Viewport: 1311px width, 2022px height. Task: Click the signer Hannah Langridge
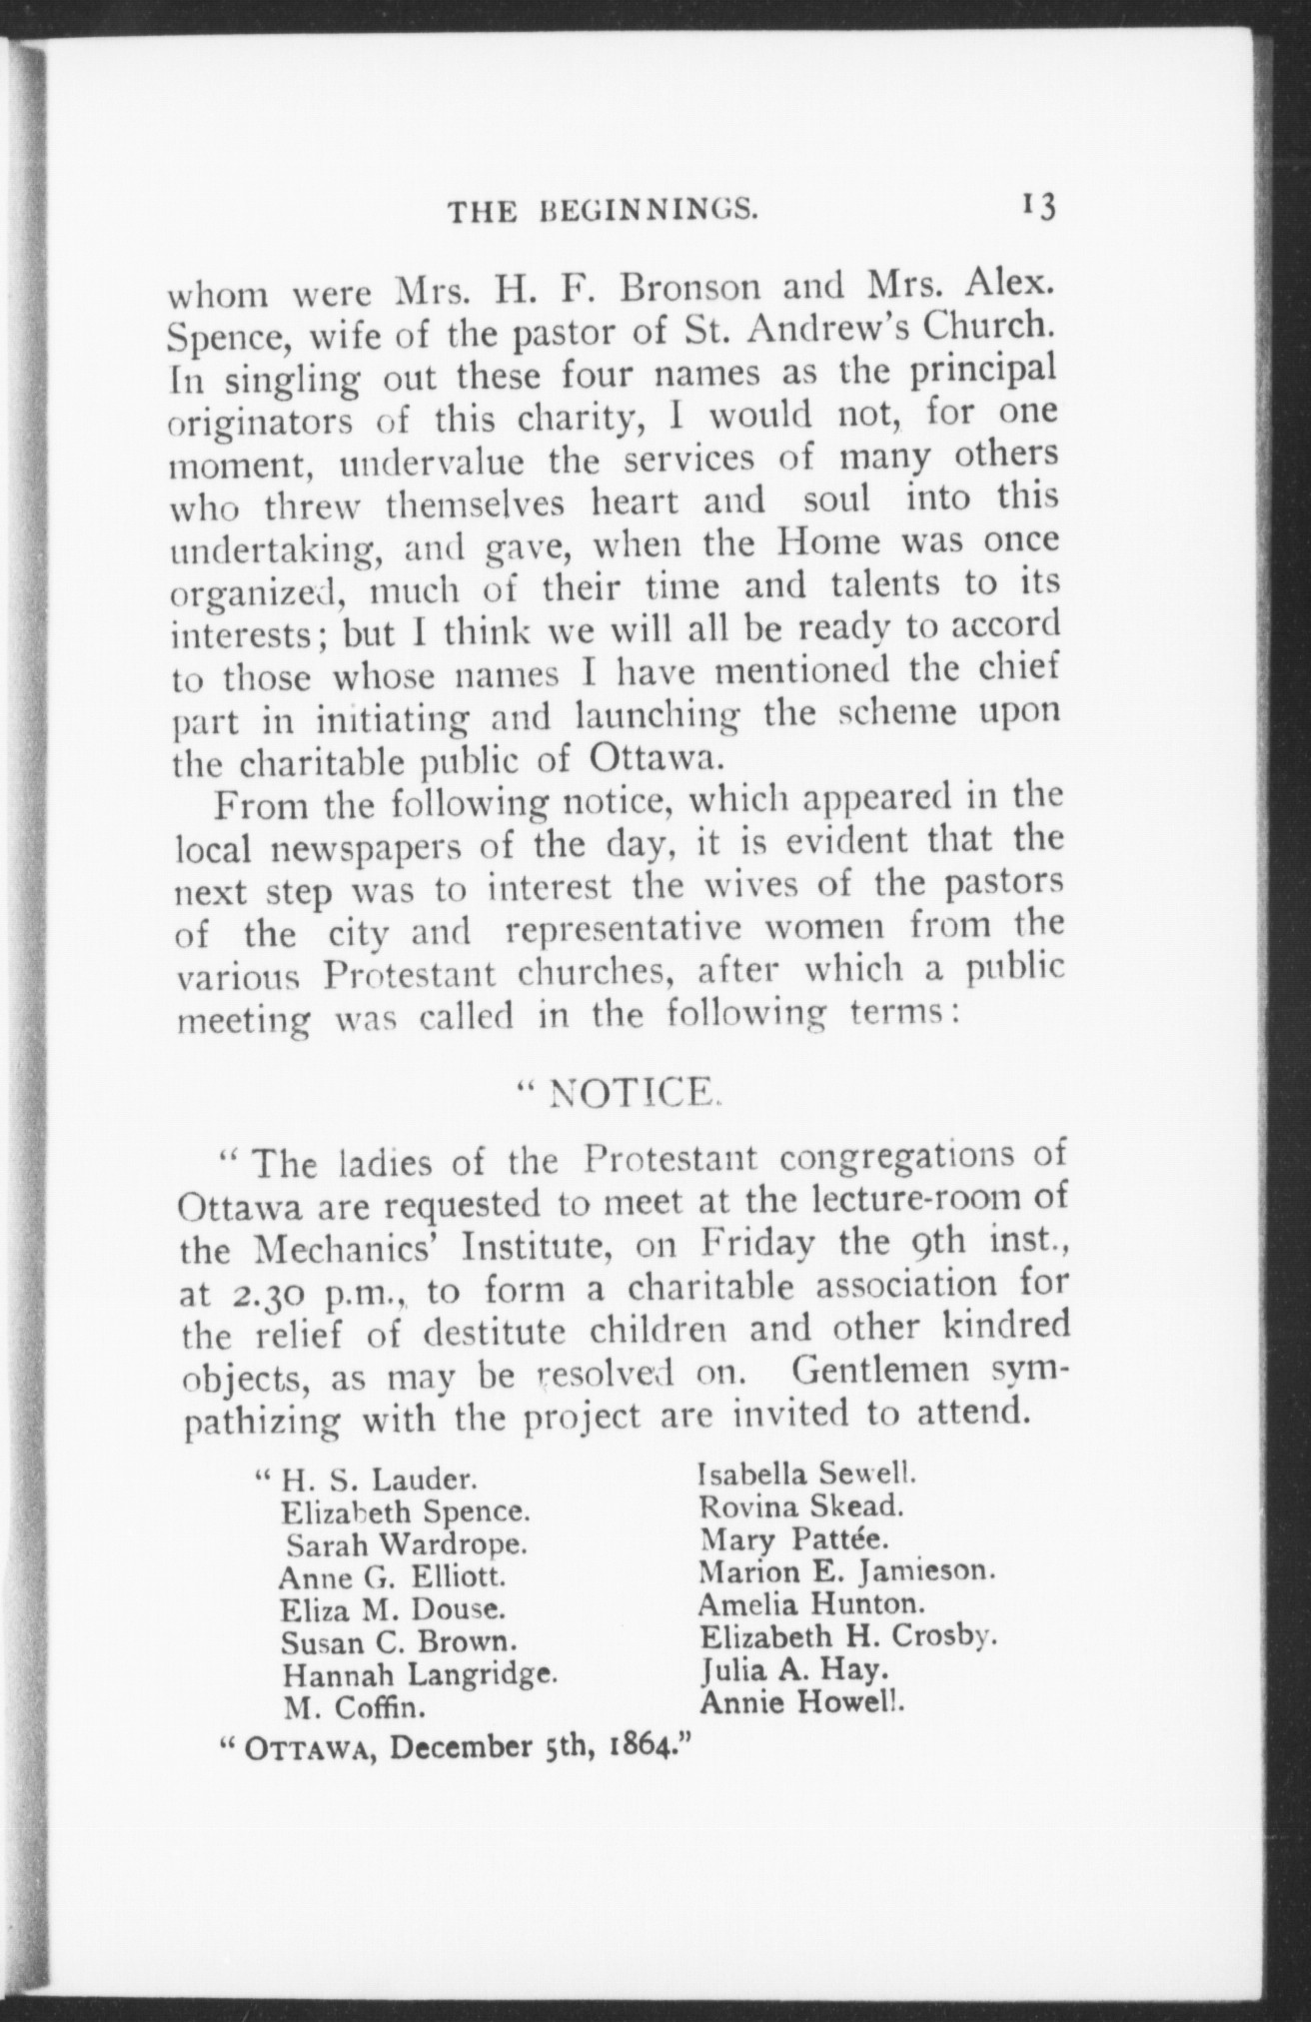(x=420, y=1672)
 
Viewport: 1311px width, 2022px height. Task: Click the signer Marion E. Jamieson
(x=847, y=1571)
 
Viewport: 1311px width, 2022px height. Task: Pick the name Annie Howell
(x=802, y=1702)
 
